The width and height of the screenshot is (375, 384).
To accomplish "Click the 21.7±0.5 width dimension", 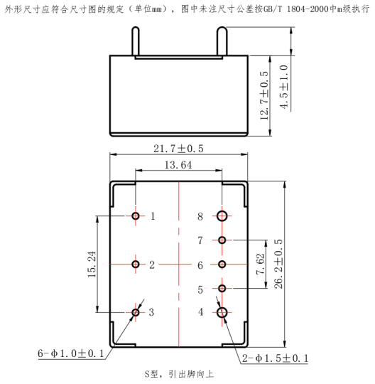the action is [x=178, y=149].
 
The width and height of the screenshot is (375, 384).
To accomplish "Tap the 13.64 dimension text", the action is [x=178, y=165].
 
